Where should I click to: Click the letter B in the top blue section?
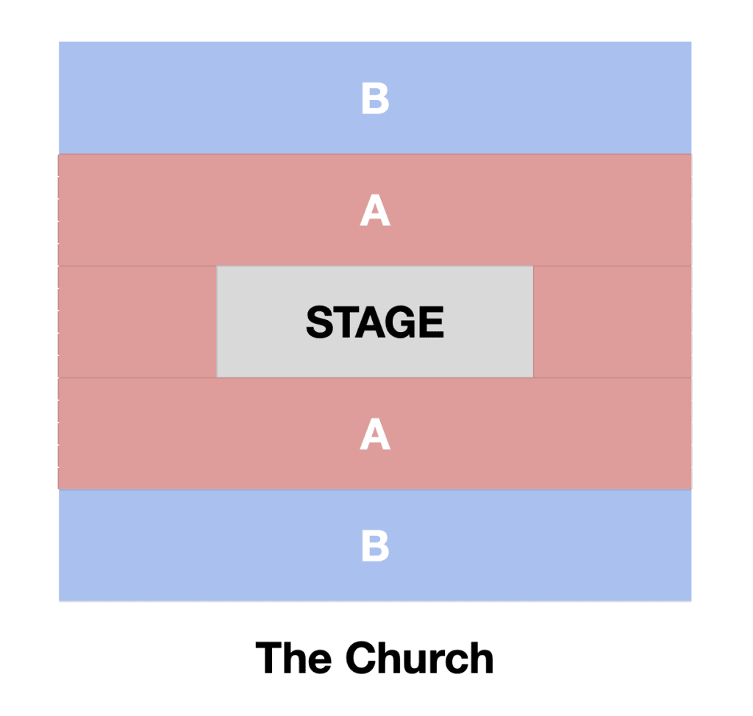coord(375,98)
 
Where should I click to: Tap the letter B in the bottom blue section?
coord(375,545)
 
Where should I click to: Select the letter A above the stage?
coord(375,210)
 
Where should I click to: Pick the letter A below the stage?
coord(375,433)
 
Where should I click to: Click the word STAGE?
coord(375,322)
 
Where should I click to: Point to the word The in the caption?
coord(293,658)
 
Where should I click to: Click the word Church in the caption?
coord(419,658)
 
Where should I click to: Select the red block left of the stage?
coord(138,322)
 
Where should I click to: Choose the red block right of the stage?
coord(613,322)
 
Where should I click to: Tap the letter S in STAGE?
coord(321,322)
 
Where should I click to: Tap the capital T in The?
coord(269,658)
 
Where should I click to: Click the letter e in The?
coord(320,662)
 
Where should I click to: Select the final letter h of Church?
coord(482,657)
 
